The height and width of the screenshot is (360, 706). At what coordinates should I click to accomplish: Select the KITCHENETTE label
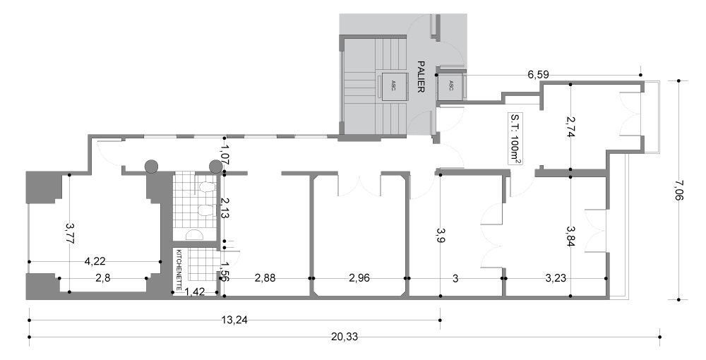point(179,270)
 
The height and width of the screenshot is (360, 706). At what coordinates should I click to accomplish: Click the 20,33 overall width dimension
point(345,337)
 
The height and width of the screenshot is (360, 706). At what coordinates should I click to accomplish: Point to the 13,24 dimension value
point(234,320)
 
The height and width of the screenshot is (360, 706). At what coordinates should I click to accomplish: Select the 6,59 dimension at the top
point(539,75)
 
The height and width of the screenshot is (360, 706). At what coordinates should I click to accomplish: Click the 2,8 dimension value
point(103,278)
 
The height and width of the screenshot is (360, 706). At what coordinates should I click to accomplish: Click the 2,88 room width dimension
point(265,278)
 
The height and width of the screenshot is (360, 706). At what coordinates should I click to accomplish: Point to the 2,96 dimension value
point(359,278)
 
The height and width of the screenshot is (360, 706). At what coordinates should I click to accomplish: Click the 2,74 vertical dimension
point(570,127)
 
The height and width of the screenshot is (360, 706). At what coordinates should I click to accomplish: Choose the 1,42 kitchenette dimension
point(196,292)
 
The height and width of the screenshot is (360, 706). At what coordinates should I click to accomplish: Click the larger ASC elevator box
point(393,85)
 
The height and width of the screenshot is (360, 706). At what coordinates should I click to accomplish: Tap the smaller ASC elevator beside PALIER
point(450,85)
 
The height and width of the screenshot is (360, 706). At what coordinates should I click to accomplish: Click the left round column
point(151,167)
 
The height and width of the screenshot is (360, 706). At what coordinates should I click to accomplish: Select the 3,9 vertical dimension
point(440,236)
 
